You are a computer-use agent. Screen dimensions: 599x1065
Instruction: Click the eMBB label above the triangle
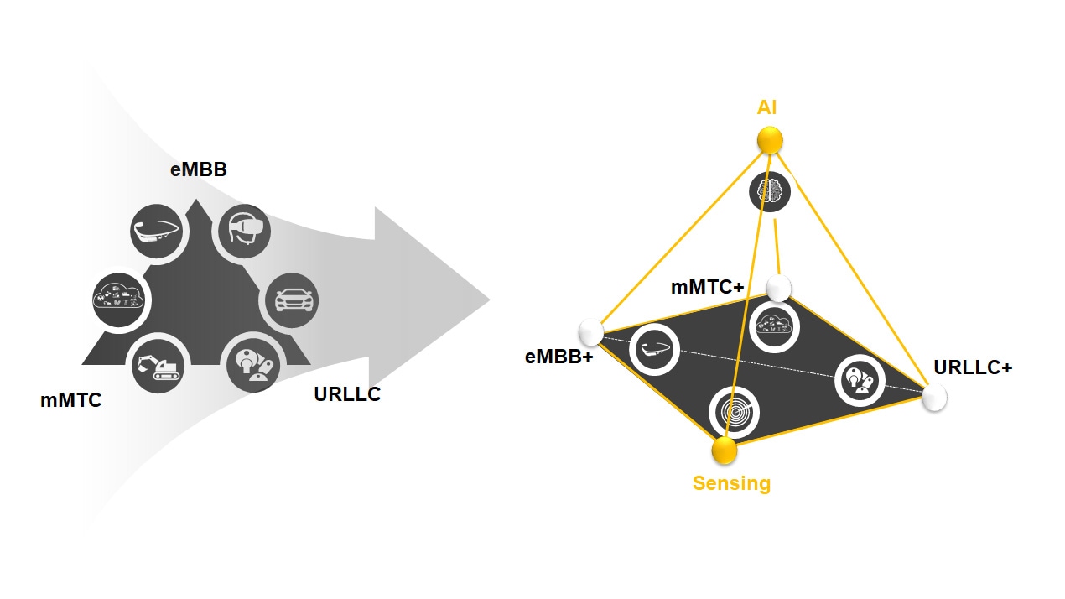[x=199, y=169]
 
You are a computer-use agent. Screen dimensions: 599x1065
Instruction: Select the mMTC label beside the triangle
[x=70, y=401]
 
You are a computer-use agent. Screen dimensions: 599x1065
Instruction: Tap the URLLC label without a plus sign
[x=347, y=394]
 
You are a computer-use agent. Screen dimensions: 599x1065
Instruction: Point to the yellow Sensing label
[x=731, y=483]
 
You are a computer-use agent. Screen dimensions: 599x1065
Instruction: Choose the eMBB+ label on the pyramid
[x=558, y=357]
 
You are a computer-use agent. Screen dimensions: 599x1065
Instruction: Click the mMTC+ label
[x=707, y=287]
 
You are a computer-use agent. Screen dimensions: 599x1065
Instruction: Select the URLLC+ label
[x=973, y=367]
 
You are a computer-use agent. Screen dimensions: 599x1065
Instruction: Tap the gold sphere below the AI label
[x=769, y=140]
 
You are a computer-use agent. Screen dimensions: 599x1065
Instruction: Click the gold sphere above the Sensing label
[x=724, y=451]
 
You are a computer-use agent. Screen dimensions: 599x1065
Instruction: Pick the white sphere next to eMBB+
[x=591, y=331]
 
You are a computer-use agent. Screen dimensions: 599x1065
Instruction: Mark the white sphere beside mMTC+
[x=779, y=288]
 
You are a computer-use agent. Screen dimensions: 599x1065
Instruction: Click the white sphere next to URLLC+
[x=934, y=398]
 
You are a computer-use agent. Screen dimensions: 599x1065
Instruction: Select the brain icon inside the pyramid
[x=769, y=191]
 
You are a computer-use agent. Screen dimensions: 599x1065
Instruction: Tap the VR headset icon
[x=245, y=230]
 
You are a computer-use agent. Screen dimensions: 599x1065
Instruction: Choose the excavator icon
[x=158, y=367]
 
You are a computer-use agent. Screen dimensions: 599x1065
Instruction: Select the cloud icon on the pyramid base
[x=773, y=326]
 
